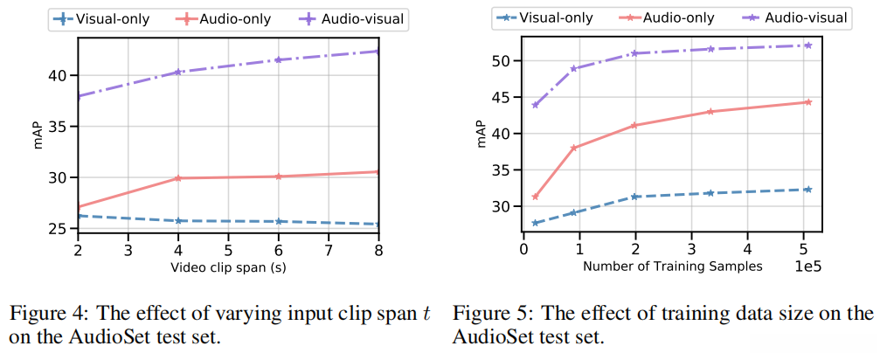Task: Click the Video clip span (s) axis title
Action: (228, 267)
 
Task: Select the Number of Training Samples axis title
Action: (672, 267)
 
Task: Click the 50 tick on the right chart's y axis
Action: (499, 61)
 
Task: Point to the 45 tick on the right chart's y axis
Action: (499, 97)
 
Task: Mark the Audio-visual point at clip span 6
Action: (278, 59)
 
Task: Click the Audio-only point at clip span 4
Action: (178, 178)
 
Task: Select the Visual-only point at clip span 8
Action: (378, 225)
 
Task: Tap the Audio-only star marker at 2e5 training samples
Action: (634, 125)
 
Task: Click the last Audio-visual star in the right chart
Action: (808, 45)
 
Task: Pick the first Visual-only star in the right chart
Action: (535, 223)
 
